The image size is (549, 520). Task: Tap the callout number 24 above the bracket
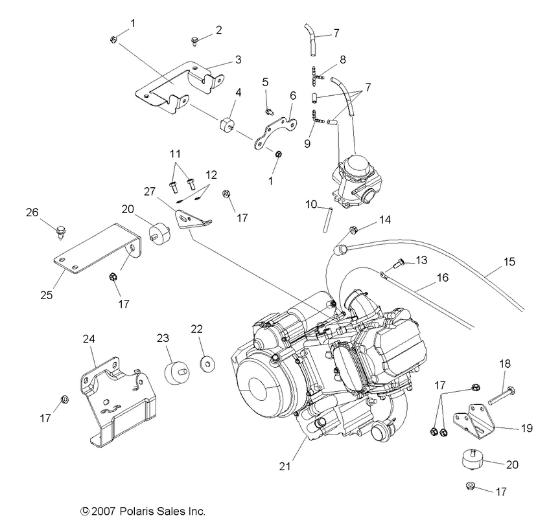89,338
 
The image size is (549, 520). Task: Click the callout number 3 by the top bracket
239,60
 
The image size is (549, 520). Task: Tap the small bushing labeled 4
227,124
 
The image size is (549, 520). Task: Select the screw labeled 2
194,41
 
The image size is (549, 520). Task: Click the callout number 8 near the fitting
342,59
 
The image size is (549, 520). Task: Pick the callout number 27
150,192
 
